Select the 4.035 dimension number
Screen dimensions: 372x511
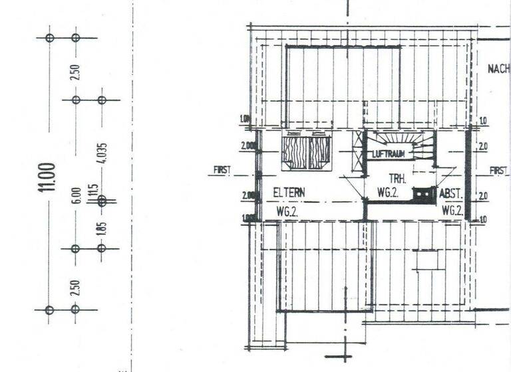point(102,153)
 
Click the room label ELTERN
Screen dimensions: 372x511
point(289,193)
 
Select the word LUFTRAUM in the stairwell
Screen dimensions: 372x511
point(389,154)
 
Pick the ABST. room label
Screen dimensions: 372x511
point(451,195)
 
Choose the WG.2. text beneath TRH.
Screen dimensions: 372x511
point(387,193)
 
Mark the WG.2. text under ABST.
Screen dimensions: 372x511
point(452,210)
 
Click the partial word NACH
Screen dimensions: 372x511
point(498,69)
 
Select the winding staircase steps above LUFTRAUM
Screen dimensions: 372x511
point(399,139)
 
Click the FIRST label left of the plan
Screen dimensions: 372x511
point(222,171)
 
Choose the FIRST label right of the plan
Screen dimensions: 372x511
point(499,171)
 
